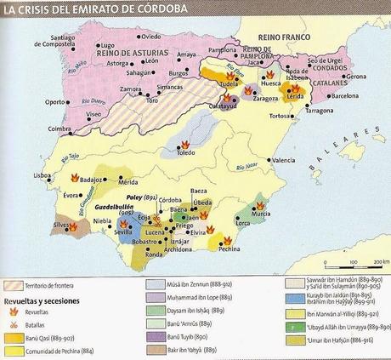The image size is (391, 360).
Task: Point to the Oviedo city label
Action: point(151,37)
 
